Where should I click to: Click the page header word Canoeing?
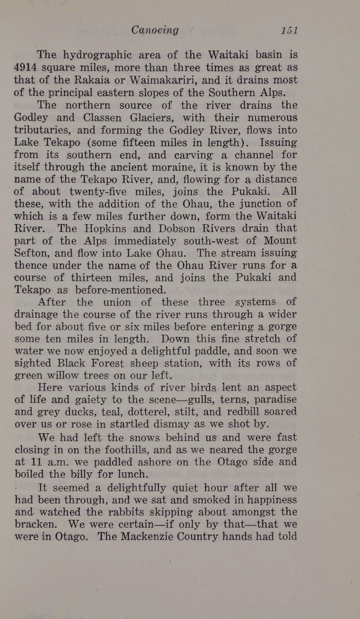(x=155, y=30)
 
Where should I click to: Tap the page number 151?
(x=290, y=30)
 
